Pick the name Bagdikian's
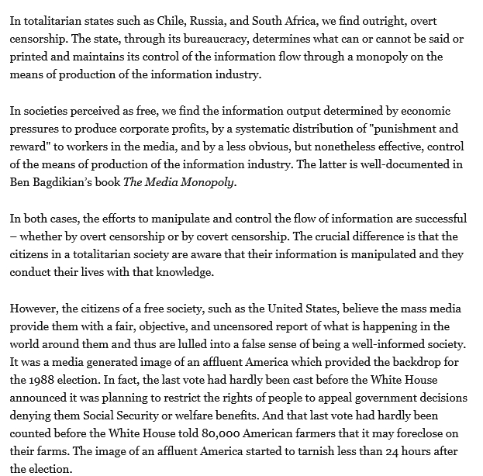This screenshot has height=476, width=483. [71, 181]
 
